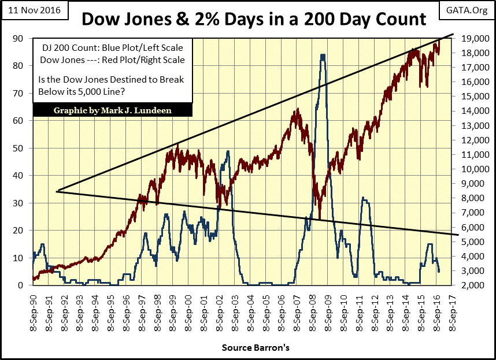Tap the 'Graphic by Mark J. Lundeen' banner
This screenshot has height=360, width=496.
[113, 110]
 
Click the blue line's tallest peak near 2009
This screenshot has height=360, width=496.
[322, 55]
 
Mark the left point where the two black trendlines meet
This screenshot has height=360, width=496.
[57, 191]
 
